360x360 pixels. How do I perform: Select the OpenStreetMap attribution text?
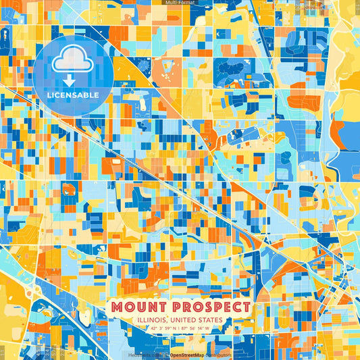pyautogui.click(x=188, y=355)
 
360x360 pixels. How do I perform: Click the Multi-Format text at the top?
pyautogui.click(x=180, y=3)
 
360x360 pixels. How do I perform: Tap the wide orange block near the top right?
pyautogui.click(x=307, y=102)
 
